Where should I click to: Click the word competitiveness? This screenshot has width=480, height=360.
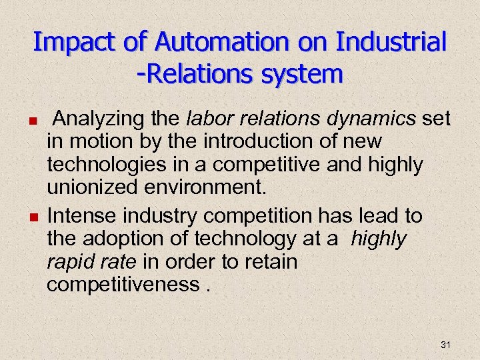click(x=121, y=283)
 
